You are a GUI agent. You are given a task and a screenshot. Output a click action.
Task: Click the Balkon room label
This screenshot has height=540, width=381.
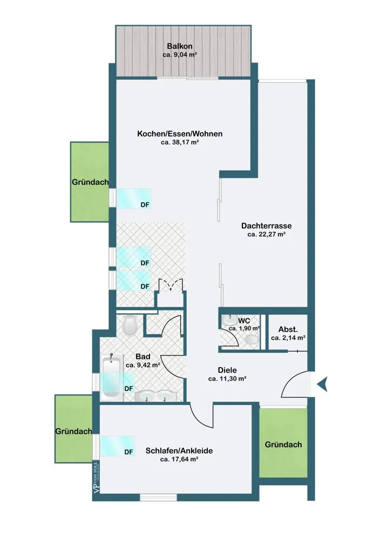[179, 46]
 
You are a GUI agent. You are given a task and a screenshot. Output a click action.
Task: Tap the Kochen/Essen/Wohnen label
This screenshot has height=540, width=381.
[180, 133]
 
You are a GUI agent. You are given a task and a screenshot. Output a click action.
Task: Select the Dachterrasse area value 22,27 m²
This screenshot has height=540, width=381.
[267, 234]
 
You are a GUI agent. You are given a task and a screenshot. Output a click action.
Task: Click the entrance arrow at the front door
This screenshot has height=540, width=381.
[323, 384]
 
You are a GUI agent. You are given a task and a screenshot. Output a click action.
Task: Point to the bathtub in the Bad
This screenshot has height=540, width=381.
[112, 377]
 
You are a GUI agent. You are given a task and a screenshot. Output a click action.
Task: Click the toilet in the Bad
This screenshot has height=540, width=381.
[130, 325]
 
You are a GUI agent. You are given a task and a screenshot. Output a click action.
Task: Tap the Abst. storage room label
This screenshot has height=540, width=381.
[288, 329]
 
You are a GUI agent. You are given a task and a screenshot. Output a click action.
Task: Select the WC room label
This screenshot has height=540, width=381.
[244, 321]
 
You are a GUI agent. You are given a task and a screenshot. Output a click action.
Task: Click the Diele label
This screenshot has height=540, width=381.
[227, 370]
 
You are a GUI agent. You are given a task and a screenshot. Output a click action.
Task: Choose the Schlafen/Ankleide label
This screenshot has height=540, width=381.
[179, 450]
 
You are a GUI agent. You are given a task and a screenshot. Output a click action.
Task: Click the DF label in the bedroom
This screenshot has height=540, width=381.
[128, 452]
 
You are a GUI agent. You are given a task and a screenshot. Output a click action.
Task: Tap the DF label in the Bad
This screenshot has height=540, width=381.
[128, 388]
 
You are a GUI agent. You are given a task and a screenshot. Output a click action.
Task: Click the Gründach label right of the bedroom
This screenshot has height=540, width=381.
[283, 444]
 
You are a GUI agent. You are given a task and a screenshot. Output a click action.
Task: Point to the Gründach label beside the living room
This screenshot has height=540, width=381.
[90, 182]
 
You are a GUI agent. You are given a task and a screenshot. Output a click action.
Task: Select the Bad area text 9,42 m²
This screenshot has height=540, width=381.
[143, 365]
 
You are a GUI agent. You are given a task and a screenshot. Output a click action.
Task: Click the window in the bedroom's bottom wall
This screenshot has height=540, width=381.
[158, 497]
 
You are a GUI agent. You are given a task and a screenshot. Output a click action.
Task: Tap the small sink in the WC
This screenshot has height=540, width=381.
[228, 320]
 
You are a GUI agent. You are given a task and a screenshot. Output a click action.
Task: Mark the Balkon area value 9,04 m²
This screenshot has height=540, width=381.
[180, 55]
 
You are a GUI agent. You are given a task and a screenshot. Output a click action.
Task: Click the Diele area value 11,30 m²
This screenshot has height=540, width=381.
[227, 379]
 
